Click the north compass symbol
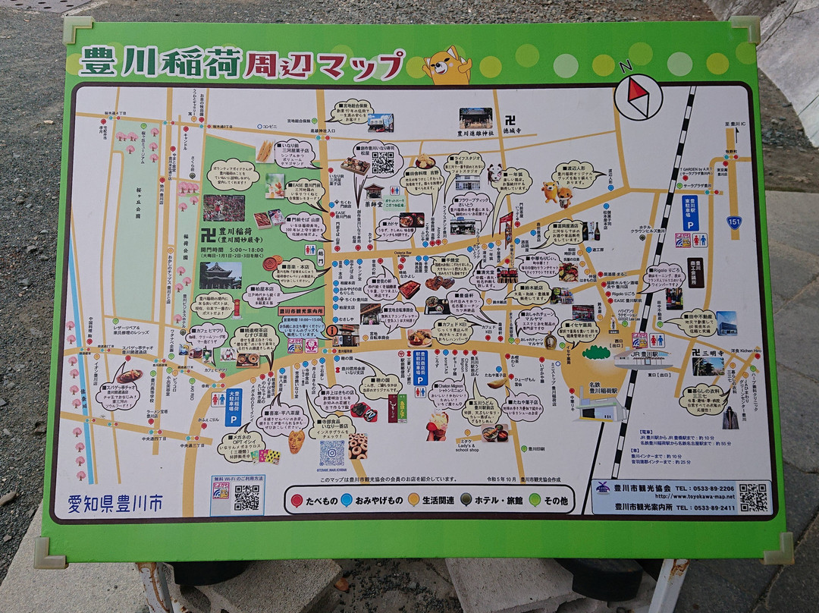pos(639,98)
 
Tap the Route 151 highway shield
pos(734,222)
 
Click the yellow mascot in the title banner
pos(447,65)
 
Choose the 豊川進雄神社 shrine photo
pos(475,118)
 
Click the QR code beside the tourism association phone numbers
pos(753,497)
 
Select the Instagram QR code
pos(331,453)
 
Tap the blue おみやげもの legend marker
pos(346,500)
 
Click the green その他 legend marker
pos(535,500)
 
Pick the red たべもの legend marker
pos(297,500)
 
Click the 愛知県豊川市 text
pos(114,501)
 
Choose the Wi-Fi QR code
pos(246,497)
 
